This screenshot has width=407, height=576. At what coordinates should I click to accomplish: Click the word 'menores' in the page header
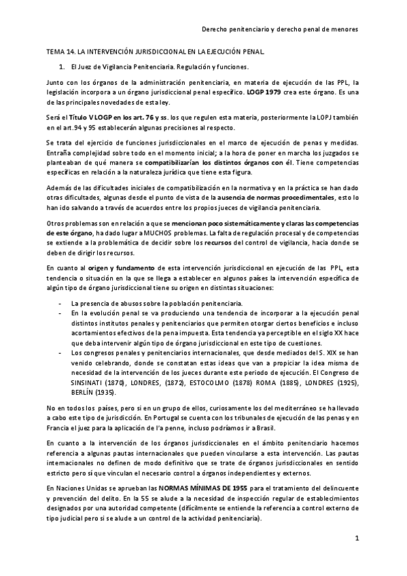point(346,30)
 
